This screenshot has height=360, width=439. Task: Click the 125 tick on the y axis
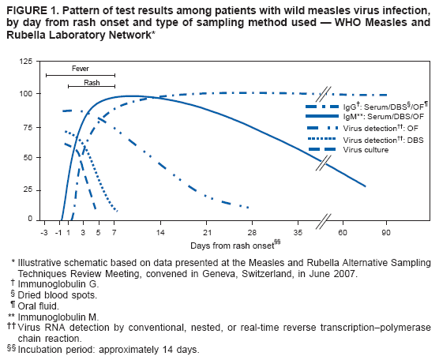pyautogui.click(x=27, y=62)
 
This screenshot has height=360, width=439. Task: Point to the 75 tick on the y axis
pyautogui.click(x=28, y=126)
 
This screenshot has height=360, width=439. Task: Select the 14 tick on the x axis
pyautogui.click(x=160, y=233)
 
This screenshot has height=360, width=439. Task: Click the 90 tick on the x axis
pyautogui.click(x=386, y=233)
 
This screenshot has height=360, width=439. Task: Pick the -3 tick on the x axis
pyautogui.click(x=45, y=233)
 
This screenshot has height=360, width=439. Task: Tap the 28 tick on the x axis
pyautogui.click(x=252, y=233)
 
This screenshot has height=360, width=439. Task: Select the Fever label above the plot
pyautogui.click(x=80, y=69)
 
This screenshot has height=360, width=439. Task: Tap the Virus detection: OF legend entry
pyautogui.click(x=374, y=127)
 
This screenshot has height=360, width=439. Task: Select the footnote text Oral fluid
pyautogui.click(x=41, y=305)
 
